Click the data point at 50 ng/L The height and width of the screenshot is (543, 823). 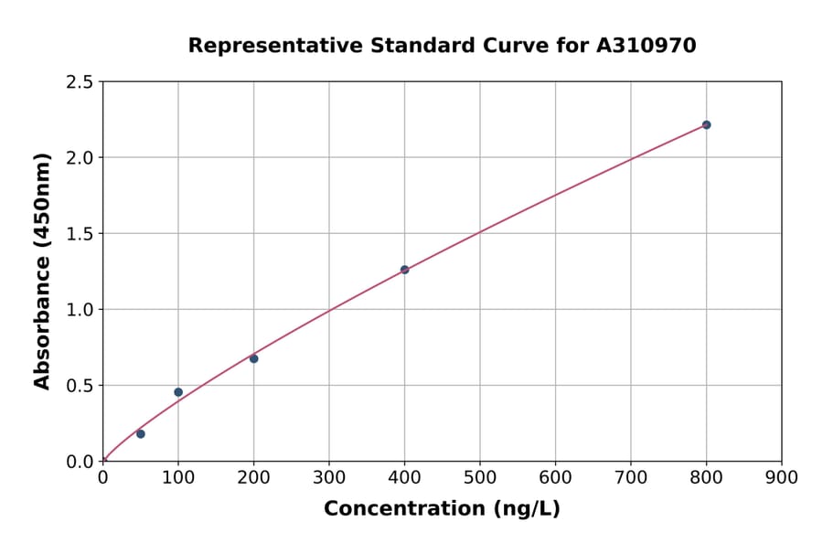pyautogui.click(x=140, y=434)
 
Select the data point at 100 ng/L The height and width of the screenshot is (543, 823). pyautogui.click(x=178, y=392)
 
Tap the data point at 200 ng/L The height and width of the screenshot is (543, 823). pyautogui.click(x=253, y=358)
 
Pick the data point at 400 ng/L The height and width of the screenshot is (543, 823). pyautogui.click(x=404, y=270)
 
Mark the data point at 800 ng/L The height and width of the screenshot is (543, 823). pyautogui.click(x=706, y=124)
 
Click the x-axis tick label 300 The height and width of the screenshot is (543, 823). pyautogui.click(x=329, y=477)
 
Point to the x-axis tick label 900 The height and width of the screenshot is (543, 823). pyautogui.click(x=782, y=477)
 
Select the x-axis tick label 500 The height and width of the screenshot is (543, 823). pyautogui.click(x=480, y=477)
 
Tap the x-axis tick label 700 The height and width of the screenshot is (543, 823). pyautogui.click(x=631, y=477)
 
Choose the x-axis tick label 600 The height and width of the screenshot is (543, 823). pyautogui.click(x=555, y=477)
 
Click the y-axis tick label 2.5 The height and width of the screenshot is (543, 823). pyautogui.click(x=80, y=82)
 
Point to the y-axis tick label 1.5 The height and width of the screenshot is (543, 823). pyautogui.click(x=80, y=234)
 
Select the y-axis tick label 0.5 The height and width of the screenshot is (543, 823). pyautogui.click(x=80, y=386)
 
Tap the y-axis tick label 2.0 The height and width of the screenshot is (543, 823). pyautogui.click(x=80, y=158)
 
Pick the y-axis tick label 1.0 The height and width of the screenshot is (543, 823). pyautogui.click(x=80, y=310)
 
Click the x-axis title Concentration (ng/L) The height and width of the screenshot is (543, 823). pyautogui.click(x=442, y=508)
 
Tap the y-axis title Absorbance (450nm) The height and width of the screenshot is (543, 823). pyautogui.click(x=42, y=271)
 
